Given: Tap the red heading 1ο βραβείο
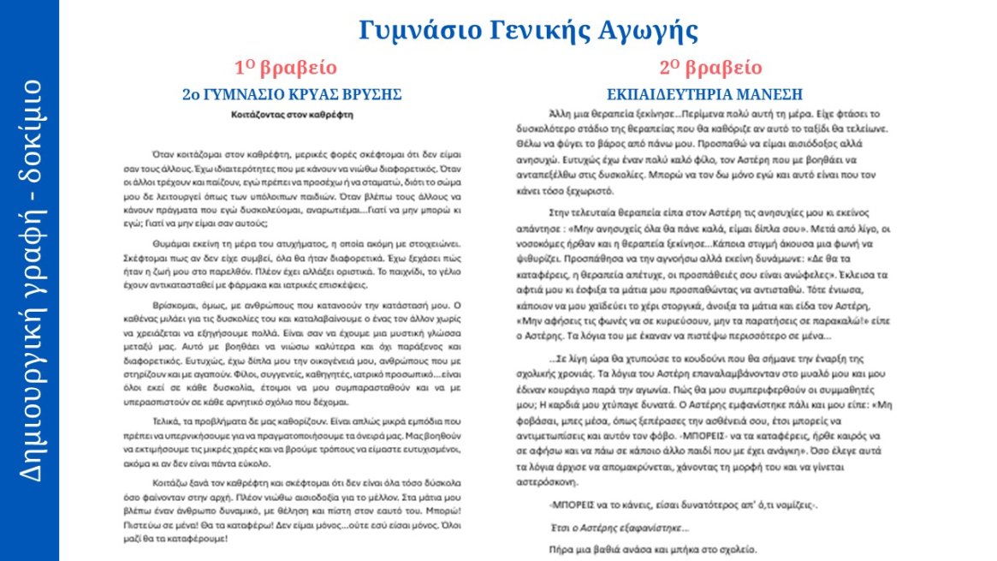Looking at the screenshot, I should [285, 68].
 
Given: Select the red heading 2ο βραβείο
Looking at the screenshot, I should [710, 68].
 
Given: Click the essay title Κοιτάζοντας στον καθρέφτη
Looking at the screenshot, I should [292, 112].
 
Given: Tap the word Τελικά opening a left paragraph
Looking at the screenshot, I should [168, 423].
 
